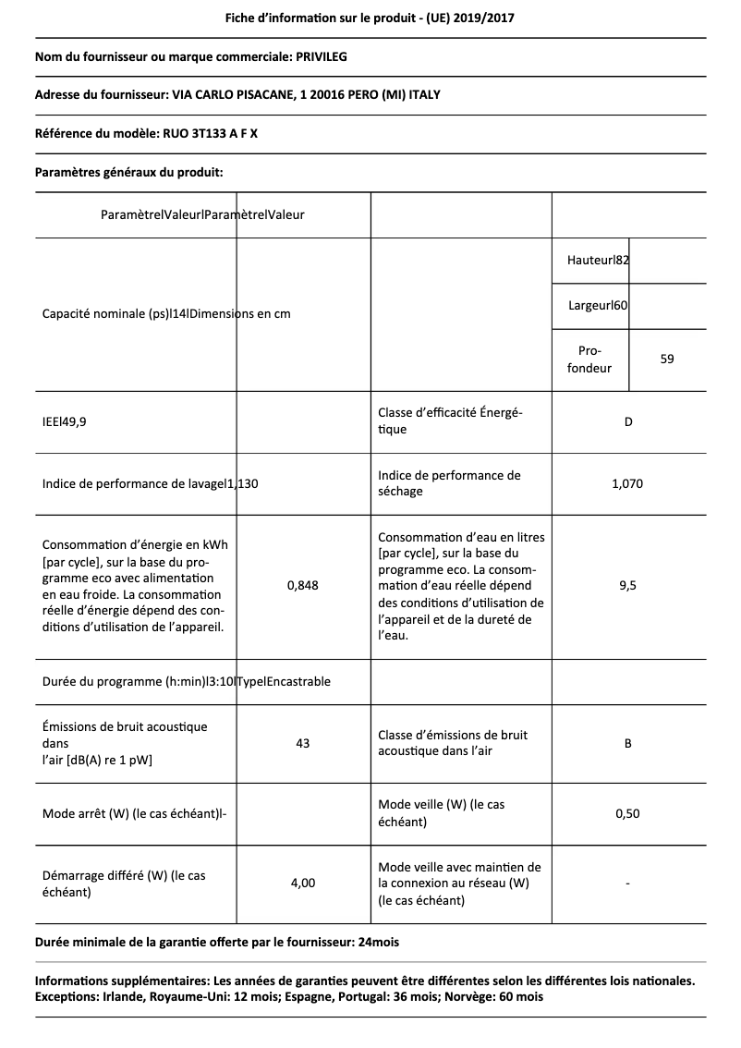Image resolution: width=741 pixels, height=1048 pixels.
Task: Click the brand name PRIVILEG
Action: point(322,57)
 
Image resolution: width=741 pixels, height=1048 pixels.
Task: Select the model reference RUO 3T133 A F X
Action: point(210,133)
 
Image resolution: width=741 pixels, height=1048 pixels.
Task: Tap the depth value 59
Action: point(667,359)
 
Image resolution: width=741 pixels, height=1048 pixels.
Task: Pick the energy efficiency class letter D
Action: point(628,422)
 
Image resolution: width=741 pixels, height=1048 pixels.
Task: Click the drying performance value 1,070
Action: point(627,483)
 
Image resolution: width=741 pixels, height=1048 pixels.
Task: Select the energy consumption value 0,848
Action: point(302,584)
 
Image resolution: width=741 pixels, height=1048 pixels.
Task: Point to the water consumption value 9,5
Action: point(627,584)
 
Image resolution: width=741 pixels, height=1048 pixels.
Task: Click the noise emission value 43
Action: point(302,743)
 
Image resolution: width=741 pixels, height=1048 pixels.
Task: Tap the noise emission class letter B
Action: point(628,743)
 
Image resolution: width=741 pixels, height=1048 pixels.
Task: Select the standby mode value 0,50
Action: point(627,813)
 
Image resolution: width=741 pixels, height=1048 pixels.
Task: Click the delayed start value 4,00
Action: point(302,883)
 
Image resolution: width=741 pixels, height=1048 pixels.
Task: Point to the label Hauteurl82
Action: point(598,261)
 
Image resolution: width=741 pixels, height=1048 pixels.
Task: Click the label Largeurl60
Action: point(598,305)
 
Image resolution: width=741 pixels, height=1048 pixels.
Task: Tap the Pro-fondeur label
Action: point(589,359)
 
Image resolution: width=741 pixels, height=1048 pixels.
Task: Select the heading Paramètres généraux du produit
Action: point(128,172)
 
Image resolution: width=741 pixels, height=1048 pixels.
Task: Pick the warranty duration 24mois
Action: point(379,943)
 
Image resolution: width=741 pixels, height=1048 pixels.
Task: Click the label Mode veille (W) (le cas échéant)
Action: point(442,813)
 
